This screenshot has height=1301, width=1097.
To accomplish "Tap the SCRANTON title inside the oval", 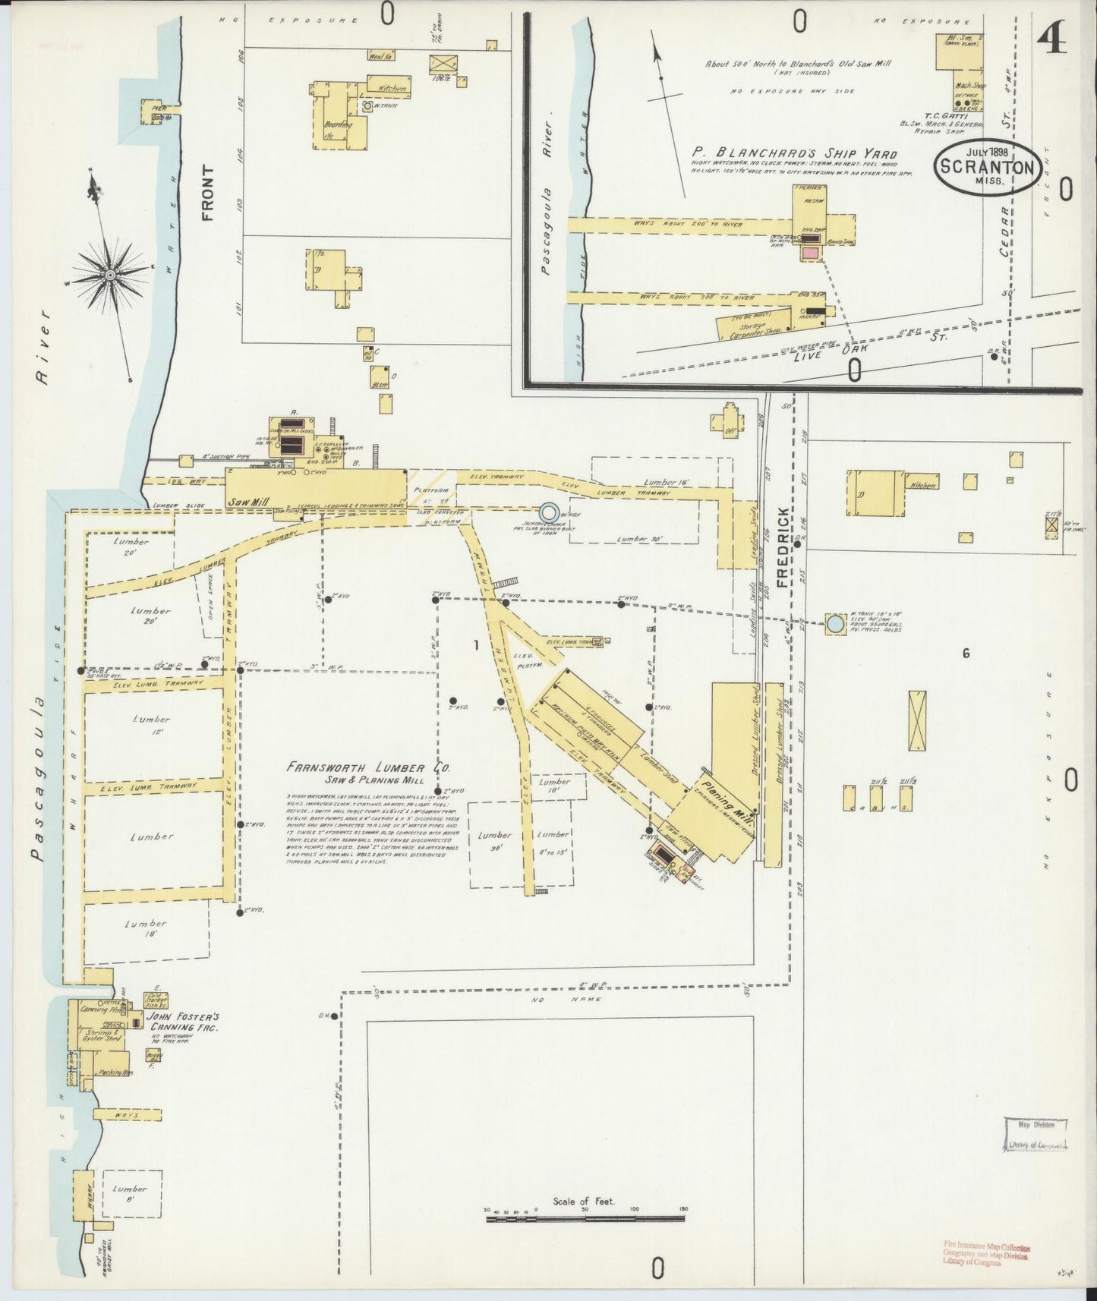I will pos(986,166).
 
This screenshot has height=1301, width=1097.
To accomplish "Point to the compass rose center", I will pos(111,273).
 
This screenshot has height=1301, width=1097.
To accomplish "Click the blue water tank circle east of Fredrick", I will pos(835,624).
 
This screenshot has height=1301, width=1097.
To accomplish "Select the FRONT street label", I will pos(208,193).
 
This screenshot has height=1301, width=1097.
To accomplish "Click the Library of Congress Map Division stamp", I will pos(1036,1136).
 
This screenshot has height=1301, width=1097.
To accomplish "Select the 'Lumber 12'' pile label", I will pos(151,726).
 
